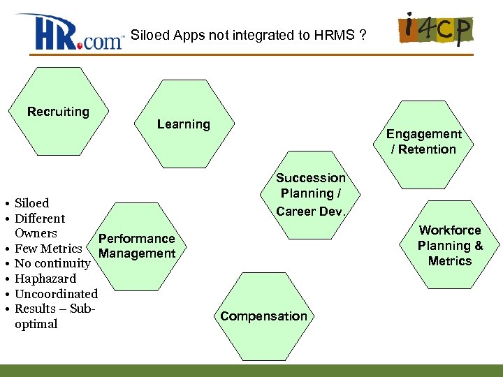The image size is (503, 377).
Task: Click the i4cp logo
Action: tap(435, 29)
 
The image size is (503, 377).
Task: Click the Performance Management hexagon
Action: tap(137, 246)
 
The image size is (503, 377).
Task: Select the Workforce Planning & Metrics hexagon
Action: tap(450, 245)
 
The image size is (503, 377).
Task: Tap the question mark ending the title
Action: tap(362, 36)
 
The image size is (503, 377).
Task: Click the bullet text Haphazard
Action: tap(45, 279)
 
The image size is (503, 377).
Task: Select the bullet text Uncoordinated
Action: tap(56, 294)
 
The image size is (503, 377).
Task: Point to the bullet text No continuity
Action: tap(52, 263)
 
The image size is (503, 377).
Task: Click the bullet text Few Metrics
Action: tap(48, 249)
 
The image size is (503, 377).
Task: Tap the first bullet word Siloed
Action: tap(32, 203)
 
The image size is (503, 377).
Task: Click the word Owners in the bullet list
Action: tap(36, 233)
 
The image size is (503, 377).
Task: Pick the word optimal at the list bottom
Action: tap(36, 324)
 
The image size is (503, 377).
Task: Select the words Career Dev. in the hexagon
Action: tap(310, 211)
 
